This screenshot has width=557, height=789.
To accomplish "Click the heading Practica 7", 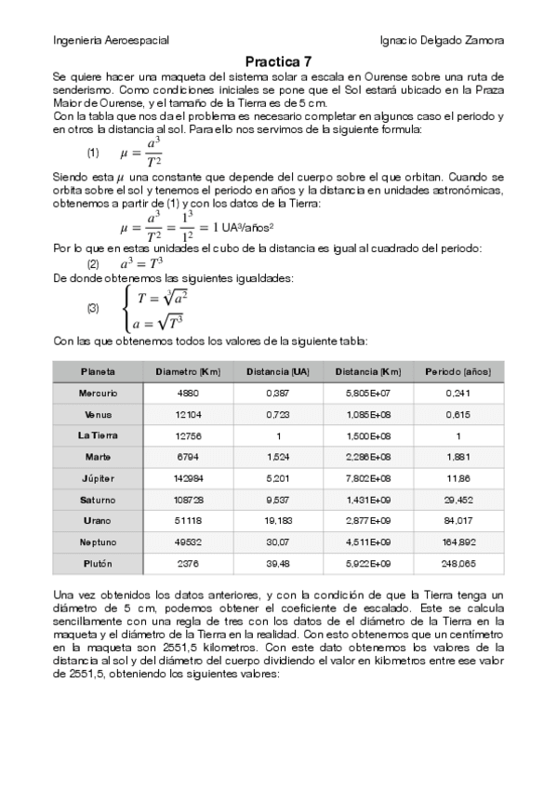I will pos(278,60).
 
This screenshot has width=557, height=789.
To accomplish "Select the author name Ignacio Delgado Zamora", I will pos(443,41).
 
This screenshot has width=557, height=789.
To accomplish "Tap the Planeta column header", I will pos(98,372).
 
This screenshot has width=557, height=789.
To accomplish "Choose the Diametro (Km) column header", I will pos(188,372).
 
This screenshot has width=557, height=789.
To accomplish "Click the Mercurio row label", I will pos(98,394).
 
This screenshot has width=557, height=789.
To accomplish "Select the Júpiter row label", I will pos(98,478).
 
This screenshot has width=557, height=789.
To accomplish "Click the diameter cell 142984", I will pos(188,478).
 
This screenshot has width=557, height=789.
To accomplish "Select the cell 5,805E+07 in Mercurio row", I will pos(367,394).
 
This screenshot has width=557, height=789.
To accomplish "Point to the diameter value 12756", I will pos(188,435).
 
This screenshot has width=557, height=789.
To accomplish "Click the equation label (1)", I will pos(92,152).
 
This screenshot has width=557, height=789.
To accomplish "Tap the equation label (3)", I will pos(92,308).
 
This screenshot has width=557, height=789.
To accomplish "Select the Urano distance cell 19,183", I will pos(277,520).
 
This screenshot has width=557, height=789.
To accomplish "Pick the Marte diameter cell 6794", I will pos(188,457).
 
